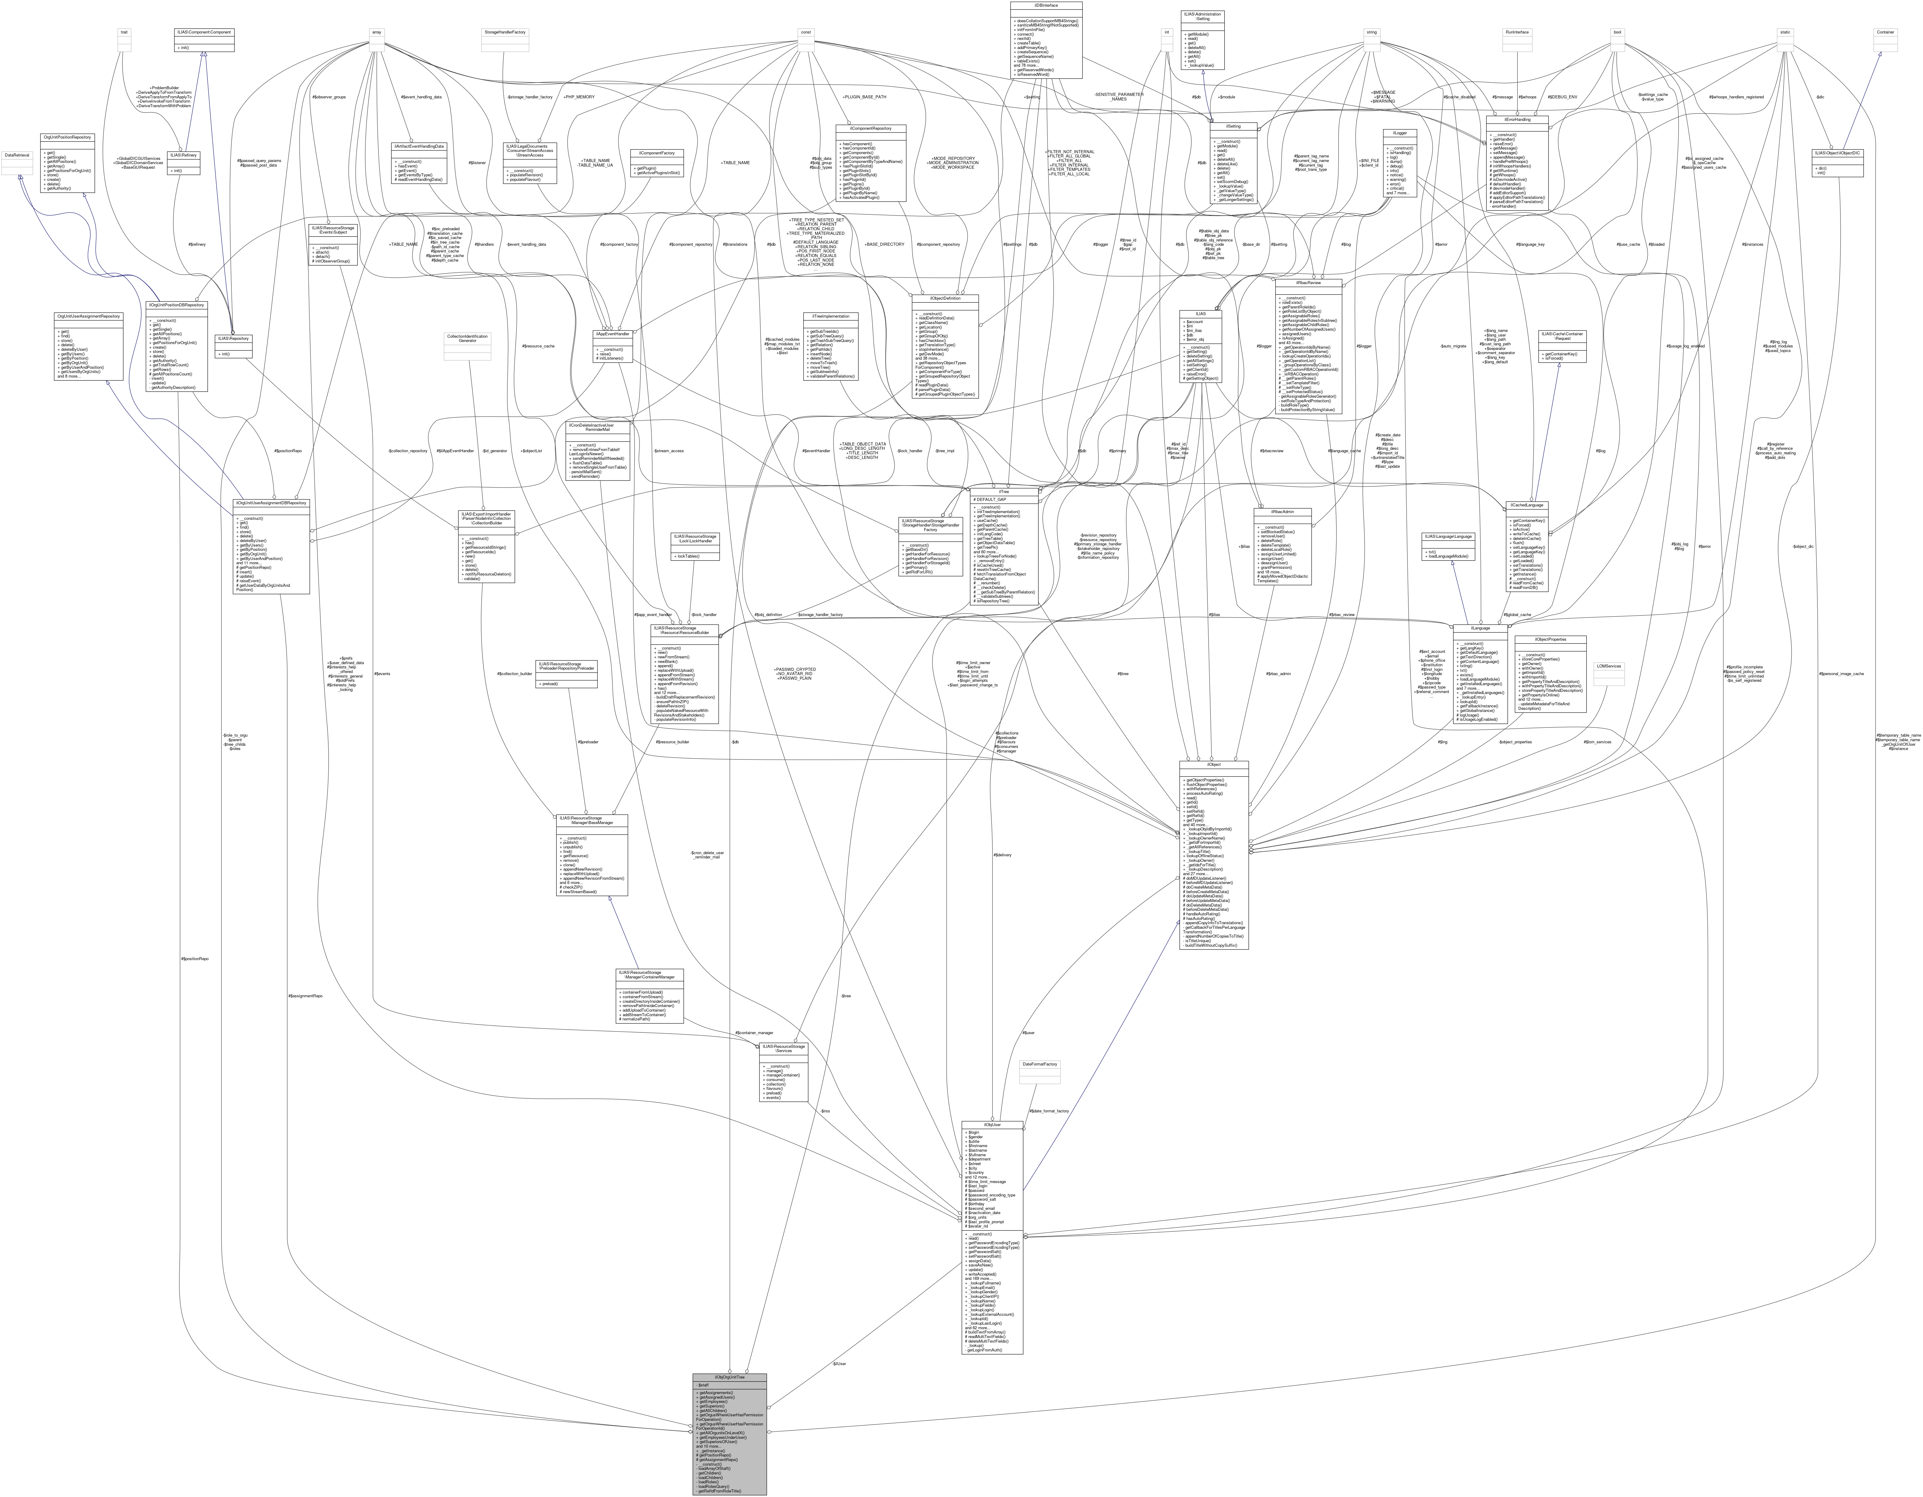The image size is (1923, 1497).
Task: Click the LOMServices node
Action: coord(1609,666)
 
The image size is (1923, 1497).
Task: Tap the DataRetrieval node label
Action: coord(18,155)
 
